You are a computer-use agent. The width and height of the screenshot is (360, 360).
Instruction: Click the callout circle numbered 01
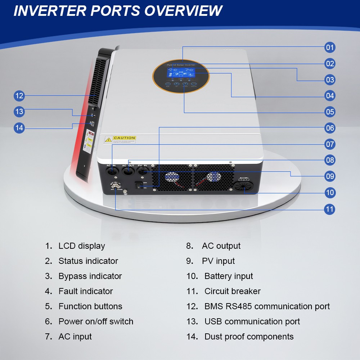pos(330,47)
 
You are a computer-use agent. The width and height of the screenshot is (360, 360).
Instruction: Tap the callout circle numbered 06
pos(330,128)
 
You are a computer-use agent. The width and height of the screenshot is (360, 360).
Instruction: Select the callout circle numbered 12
pos(19,96)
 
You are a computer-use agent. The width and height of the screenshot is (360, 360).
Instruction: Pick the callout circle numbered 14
pos(19,127)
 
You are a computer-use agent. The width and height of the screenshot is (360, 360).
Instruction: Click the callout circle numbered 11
pos(330,209)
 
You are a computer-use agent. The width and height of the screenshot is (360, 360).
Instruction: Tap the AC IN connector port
pos(112,171)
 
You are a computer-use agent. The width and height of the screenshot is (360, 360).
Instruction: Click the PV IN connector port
pos(144,172)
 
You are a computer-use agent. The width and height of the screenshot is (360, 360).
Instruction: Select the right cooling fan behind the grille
pos(213,177)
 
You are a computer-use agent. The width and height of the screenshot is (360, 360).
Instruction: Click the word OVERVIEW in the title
pos(184,10)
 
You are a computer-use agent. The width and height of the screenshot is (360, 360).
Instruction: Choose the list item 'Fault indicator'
pos(86,291)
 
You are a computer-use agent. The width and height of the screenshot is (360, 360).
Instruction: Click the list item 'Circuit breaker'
pos(232,291)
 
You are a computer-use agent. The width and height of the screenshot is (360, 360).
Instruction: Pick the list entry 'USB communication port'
pos(252,321)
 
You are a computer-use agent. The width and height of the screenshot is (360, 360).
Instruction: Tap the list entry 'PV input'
pos(218,261)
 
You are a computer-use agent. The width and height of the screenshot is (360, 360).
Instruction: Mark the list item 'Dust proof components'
pos(249,337)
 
